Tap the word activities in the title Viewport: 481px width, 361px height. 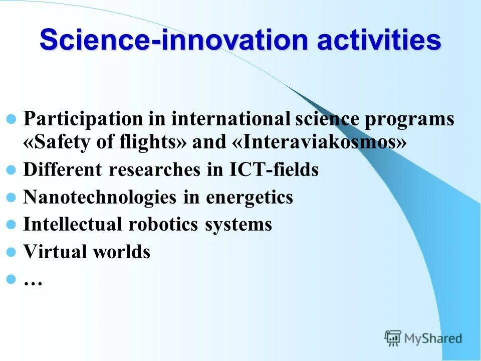(x=379, y=40)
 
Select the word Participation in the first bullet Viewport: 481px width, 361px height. (x=83, y=120)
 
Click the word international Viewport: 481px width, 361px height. (x=230, y=119)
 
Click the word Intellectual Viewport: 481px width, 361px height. (x=72, y=224)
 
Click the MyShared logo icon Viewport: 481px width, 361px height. (x=393, y=338)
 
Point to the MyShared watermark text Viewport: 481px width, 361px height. (x=433, y=338)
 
